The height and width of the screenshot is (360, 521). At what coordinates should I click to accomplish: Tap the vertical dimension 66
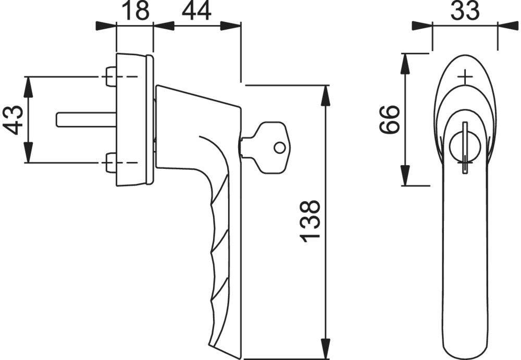[x=389, y=120]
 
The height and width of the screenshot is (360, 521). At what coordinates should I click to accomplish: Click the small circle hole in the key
[x=280, y=148]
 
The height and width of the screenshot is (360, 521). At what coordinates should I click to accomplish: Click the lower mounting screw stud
[x=111, y=163]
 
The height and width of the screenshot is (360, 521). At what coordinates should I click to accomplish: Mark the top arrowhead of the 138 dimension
[x=326, y=94]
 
